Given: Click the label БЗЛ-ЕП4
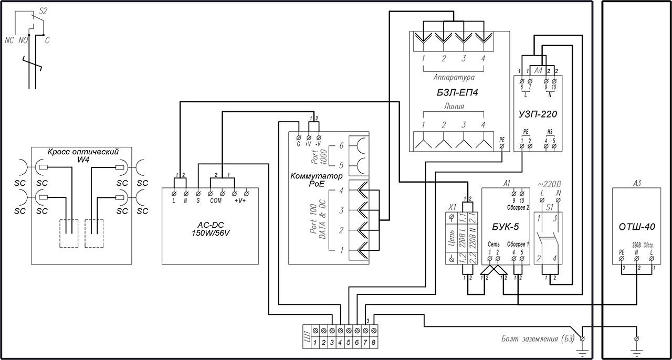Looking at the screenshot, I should [453, 94].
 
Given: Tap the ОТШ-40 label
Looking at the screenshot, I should [637, 227].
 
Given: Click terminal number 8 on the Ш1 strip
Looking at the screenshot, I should [373, 342].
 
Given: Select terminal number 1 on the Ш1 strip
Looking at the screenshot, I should [314, 342].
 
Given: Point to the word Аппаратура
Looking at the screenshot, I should [454, 77].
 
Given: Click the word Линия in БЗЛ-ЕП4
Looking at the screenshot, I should [453, 106].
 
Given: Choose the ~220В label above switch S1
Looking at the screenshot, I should [550, 184].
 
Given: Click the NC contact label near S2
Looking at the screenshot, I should [9, 40].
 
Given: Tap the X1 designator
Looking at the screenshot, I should [451, 206].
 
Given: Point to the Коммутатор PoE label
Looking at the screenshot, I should [316, 179].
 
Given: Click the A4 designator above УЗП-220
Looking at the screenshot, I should [538, 70].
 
